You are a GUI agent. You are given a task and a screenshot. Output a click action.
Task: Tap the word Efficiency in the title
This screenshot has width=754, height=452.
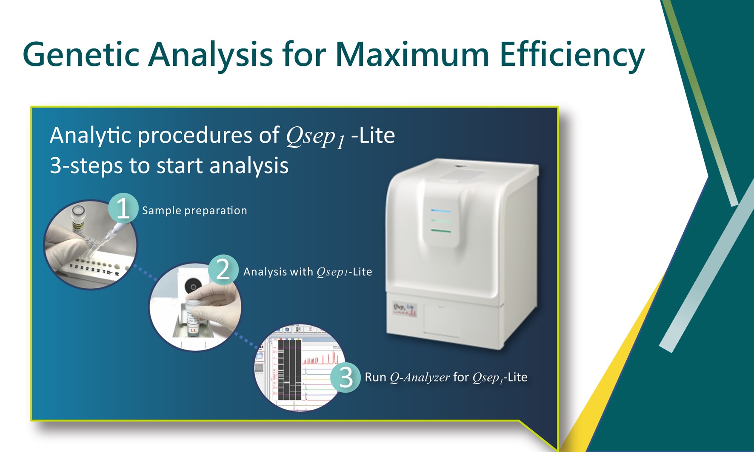[572, 55]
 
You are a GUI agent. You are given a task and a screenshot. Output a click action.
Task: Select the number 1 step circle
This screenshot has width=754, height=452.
[123, 208]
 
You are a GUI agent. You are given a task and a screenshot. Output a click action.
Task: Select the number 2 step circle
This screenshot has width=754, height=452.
[223, 270]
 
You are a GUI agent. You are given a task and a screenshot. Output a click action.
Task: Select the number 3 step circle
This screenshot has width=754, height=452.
[346, 377]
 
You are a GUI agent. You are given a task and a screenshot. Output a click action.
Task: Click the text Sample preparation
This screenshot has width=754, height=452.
[194, 210]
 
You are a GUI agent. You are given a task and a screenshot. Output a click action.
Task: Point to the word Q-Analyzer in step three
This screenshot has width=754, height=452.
[420, 377]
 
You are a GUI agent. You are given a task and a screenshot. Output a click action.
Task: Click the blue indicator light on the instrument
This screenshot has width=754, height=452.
[440, 210]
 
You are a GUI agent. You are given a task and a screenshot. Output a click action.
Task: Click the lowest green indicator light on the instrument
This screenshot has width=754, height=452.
[440, 231]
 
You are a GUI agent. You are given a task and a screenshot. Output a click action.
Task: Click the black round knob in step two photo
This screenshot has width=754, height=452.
[193, 287]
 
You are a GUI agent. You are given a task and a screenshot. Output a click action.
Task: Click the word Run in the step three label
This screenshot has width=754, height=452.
[375, 377]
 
